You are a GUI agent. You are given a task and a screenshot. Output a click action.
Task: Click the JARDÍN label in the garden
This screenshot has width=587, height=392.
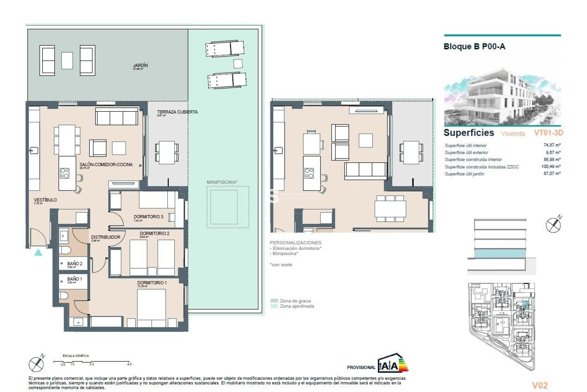(x=140, y=65)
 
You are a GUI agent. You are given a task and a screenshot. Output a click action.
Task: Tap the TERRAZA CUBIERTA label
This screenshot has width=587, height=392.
(x=177, y=112)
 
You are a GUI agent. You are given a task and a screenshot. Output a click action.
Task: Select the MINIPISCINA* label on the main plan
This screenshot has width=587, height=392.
(x=222, y=182)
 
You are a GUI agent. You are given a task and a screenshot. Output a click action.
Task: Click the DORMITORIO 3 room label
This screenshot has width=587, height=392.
(x=148, y=217)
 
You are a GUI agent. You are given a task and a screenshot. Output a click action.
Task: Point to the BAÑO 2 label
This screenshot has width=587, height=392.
(x=75, y=263)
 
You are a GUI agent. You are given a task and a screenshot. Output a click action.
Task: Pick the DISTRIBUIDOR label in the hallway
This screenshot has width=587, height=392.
(x=105, y=237)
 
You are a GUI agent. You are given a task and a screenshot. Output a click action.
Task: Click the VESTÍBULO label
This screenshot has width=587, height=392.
(x=45, y=200)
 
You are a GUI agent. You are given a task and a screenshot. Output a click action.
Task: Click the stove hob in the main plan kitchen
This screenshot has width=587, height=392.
(x=65, y=173)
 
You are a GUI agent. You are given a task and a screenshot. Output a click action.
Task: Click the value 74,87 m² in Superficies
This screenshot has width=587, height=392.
(x=552, y=145)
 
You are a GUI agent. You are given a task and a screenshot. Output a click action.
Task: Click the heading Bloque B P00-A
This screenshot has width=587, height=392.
(x=474, y=47)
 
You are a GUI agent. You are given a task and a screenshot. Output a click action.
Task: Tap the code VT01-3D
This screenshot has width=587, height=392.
(x=548, y=133)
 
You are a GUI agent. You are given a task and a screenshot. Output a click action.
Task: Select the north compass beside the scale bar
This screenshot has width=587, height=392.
(x=37, y=364)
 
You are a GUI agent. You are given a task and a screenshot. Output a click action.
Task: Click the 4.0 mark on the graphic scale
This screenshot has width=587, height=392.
(x=129, y=364)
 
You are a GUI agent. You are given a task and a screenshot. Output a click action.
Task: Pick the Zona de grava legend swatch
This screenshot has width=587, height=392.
(x=274, y=301)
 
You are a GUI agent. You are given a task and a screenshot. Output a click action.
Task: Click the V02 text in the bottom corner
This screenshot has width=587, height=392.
(x=540, y=385)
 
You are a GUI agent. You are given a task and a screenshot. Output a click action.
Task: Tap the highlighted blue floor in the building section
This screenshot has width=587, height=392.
(x=500, y=253)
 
